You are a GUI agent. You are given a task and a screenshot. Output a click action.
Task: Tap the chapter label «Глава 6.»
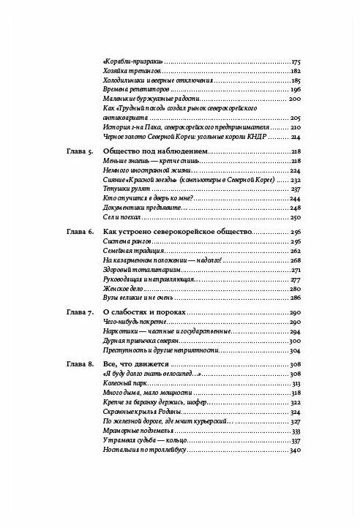pos(72,231)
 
